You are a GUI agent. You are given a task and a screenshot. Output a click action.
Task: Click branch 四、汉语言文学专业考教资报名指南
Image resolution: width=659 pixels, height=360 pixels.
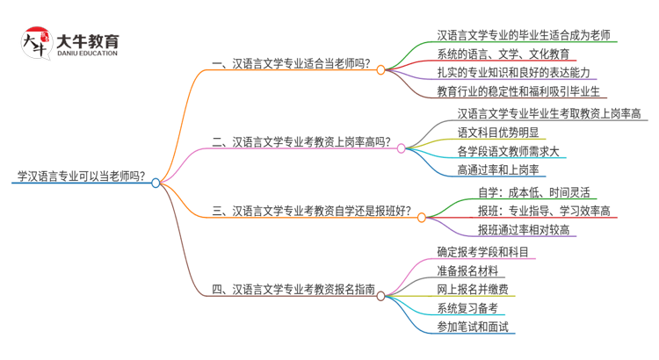293,288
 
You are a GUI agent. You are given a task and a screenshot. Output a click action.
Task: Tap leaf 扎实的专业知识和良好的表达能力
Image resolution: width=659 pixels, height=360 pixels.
513,72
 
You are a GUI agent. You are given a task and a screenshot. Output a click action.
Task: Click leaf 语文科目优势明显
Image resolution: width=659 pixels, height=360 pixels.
497,132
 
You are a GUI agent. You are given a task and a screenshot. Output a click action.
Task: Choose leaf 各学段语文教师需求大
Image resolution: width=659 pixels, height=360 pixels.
509,151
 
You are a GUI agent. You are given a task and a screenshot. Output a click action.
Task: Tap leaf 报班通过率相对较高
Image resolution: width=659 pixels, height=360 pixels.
524,230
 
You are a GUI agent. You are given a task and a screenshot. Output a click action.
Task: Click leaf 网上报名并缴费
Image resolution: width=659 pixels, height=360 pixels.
472,289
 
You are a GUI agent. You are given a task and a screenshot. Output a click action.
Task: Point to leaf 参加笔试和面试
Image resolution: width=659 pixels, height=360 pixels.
472,327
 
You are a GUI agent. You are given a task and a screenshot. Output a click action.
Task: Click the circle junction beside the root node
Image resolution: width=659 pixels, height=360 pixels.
156,183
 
